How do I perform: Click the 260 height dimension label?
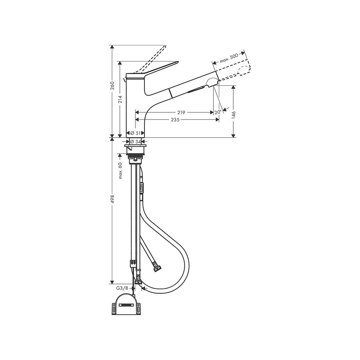pos(112,86)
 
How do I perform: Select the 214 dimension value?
pos(120,99)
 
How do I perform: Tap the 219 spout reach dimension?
pos(181,112)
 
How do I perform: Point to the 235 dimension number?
pos(175,120)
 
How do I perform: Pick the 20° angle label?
pos(218,112)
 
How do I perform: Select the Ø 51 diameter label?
pos(135,133)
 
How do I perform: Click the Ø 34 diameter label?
pos(135,141)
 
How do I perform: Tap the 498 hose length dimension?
pos(112,199)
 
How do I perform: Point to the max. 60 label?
pos(120,171)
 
